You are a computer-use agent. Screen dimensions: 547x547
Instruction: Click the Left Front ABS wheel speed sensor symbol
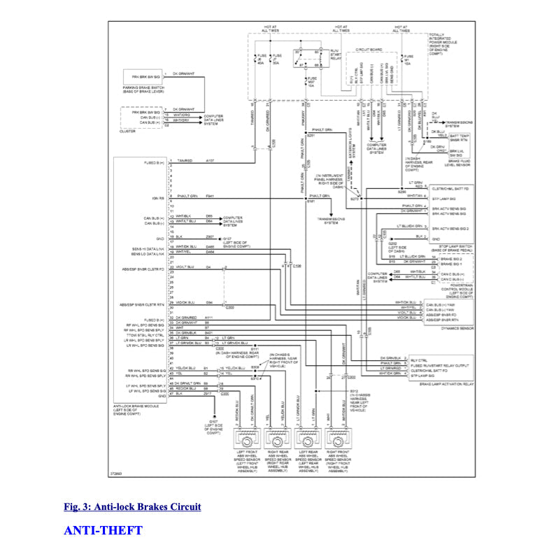248,443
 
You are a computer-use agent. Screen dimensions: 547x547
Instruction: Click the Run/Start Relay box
307,59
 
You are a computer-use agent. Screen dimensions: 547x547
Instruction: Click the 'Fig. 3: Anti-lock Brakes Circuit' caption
132,506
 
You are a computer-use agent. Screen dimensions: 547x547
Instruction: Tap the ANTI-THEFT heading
103,530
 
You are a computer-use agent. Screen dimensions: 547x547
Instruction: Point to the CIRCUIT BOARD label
369,50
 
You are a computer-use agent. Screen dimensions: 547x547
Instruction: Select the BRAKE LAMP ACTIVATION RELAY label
448,384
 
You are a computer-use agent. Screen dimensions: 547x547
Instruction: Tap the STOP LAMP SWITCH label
447,246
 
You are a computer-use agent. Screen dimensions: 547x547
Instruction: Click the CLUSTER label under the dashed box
129,131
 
